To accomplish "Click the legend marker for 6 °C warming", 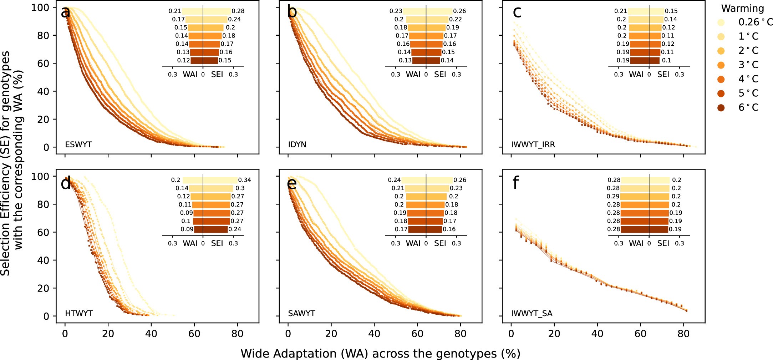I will coord(721,107).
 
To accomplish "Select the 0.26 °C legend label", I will coord(754,22).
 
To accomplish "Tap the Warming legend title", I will coord(742,8).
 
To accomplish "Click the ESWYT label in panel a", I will coord(78,144).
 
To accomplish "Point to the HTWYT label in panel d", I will coord(79,313).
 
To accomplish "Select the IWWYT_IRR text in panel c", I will coord(533,144).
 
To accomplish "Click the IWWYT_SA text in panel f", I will coord(532,313).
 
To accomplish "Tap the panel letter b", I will coord(292,12).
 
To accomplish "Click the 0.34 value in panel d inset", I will coord(244,180).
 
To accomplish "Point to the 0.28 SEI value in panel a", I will coord(238,11).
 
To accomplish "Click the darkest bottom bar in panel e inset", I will coord(425,229).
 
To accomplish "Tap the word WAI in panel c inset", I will coord(636,74).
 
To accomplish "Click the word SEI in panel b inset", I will coord(440,74).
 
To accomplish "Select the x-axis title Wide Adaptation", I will coord(380,353).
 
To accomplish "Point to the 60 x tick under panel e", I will coord(417,334).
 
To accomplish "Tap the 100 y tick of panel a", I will coord(42,7).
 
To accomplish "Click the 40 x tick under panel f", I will coord(597,334).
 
